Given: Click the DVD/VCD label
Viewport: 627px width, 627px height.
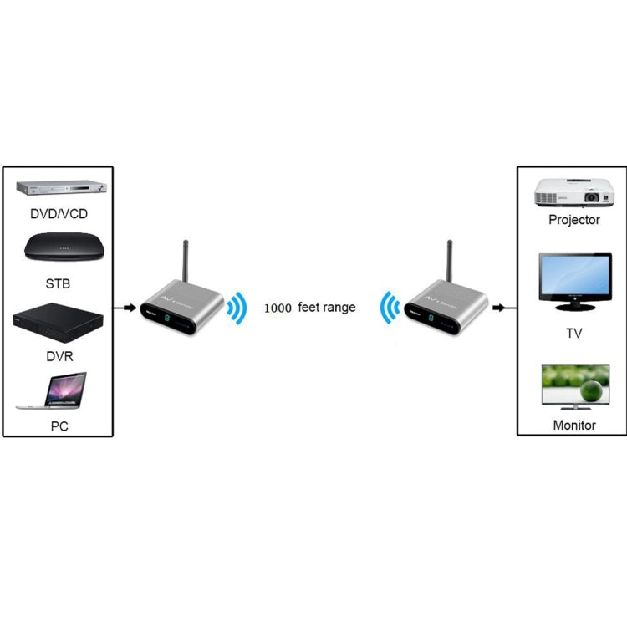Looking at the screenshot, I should [59, 214].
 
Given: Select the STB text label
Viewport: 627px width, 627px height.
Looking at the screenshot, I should [59, 283].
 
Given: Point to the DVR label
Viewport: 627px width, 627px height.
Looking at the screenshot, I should [59, 355].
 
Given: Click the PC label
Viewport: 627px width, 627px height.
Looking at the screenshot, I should [59, 426].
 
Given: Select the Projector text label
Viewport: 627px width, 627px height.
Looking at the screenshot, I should [574, 220].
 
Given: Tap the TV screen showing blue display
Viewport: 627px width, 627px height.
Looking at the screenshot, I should [574, 280].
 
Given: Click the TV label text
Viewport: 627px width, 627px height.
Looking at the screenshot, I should [574, 334].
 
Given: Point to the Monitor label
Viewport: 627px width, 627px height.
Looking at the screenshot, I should [574, 425].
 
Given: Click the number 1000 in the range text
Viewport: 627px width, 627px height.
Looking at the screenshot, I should [278, 308].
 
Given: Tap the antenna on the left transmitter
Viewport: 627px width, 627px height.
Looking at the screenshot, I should [184, 263].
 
